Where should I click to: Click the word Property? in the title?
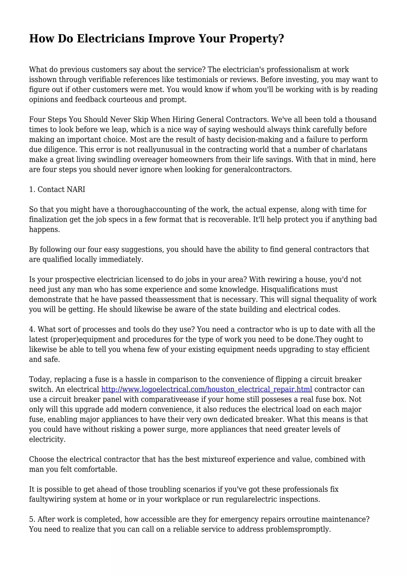pyautogui.click(x=257, y=39)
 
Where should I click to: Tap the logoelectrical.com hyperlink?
pyautogui.click(x=206, y=389)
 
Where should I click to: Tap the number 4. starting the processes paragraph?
pyautogui.click(x=32, y=329)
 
